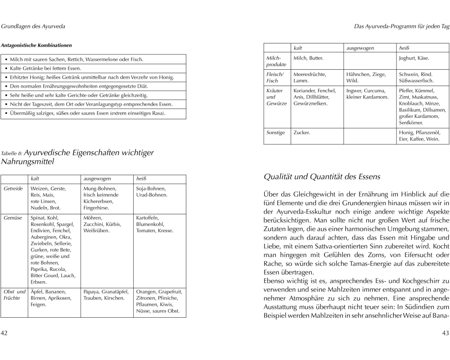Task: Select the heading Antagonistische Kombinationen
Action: (x=36, y=45)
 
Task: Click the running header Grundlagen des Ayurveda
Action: (x=33, y=27)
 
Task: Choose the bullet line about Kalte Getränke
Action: (x=45, y=68)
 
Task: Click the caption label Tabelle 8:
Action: (x=12, y=153)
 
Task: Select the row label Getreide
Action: (x=13, y=189)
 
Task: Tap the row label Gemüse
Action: (x=13, y=218)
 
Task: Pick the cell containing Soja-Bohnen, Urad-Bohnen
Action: (x=151, y=192)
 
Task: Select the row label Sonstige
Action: (x=275, y=133)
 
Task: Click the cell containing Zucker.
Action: (x=301, y=133)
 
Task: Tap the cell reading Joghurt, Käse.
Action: (x=414, y=58)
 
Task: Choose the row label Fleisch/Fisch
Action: (x=274, y=77)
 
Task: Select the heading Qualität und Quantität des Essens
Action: (x=322, y=177)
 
